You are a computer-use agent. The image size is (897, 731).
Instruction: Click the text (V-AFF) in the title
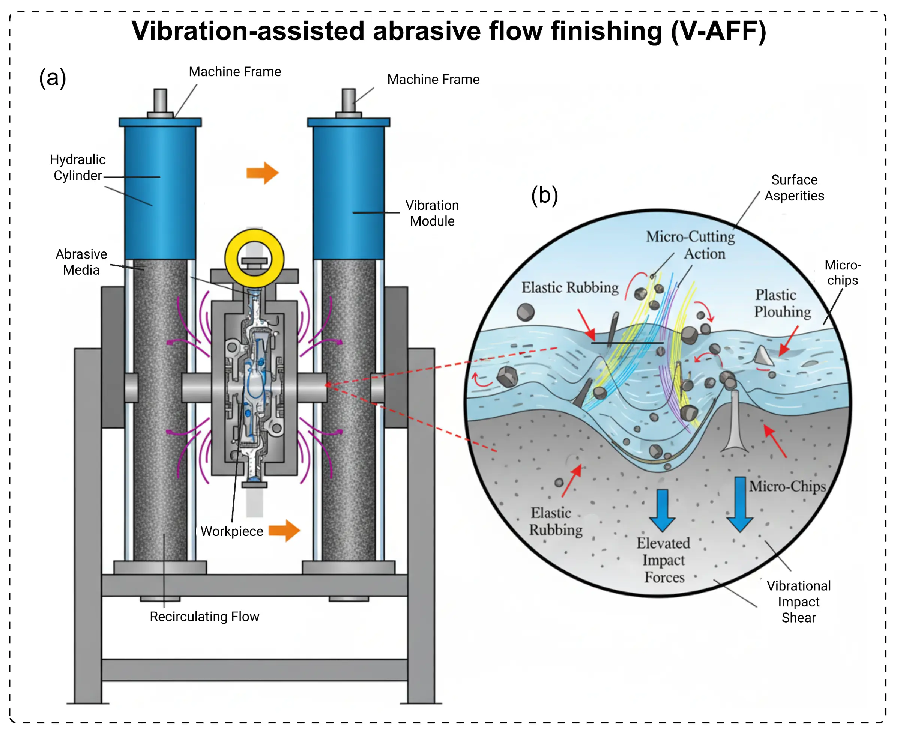tap(718, 32)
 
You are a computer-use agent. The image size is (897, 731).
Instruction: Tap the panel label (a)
tap(53, 78)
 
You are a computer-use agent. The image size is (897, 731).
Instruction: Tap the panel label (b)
tap(544, 196)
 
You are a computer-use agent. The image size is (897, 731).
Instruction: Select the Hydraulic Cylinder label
tap(78, 168)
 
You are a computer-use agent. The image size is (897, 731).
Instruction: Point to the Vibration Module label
tap(432, 213)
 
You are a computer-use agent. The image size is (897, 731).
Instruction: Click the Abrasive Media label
tap(81, 262)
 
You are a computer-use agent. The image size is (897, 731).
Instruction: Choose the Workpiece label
tap(231, 531)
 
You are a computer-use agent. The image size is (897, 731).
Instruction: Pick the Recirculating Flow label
tap(204, 617)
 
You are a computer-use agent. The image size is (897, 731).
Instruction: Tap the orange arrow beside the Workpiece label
tap(284, 530)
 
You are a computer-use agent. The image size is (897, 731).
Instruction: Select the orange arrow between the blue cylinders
tap(262, 173)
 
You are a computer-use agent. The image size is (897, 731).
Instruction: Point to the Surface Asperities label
tap(794, 188)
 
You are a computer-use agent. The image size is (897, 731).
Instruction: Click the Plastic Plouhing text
tap(782, 303)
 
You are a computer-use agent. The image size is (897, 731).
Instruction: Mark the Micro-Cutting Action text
tap(690, 245)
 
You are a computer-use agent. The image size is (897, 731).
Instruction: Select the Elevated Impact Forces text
tap(663, 560)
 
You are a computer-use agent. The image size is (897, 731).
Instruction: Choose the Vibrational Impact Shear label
tap(798, 602)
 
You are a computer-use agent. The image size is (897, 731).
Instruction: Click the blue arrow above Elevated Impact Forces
tap(662, 510)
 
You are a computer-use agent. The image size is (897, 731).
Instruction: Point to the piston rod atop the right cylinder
tap(348, 100)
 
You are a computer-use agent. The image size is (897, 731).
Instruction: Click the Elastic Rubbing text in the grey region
tap(556, 521)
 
